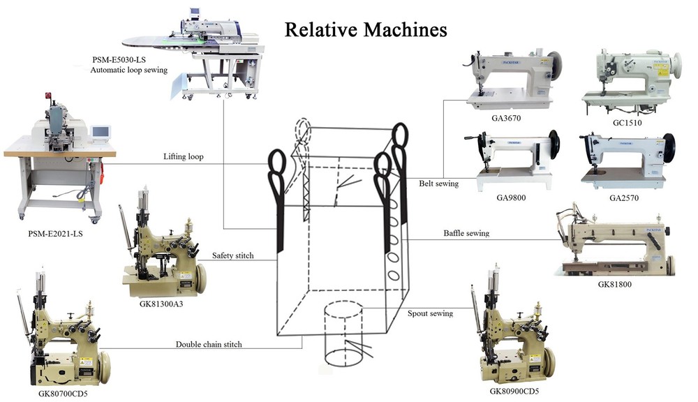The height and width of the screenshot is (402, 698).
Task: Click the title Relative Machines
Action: [366, 30]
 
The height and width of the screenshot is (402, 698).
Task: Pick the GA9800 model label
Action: [511, 198]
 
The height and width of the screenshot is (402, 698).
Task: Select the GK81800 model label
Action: [615, 284]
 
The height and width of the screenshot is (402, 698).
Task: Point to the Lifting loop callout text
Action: [184, 156]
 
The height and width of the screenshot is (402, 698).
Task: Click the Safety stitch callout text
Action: [233, 255]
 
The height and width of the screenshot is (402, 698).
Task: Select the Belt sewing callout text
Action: [438, 184]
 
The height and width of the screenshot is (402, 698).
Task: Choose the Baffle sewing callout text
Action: [466, 233]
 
